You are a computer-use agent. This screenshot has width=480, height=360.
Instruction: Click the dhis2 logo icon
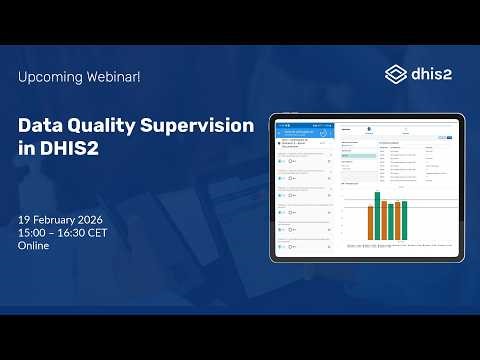coord(396,74)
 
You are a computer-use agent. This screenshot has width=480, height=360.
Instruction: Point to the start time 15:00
coord(33,232)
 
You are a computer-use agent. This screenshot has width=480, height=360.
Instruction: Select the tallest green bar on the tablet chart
coord(378,216)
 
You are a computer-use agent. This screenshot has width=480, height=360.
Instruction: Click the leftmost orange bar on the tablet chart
coord(369,223)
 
